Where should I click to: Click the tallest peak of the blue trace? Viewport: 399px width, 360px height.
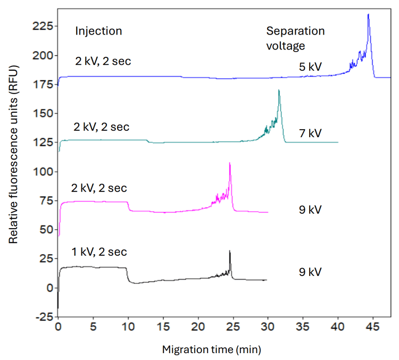pyautogui.click(x=368, y=15)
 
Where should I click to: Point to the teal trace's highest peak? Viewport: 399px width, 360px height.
pyautogui.click(x=279, y=91)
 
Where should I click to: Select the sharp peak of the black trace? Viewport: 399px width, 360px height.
pyautogui.click(x=230, y=251)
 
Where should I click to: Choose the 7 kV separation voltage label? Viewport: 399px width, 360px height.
pyautogui.click(x=310, y=133)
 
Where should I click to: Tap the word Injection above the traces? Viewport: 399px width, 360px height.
pyautogui.click(x=98, y=31)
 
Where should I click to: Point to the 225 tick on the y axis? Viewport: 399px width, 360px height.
pyautogui.click(x=43, y=26)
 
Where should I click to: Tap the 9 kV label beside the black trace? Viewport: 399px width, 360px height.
pyautogui.click(x=310, y=272)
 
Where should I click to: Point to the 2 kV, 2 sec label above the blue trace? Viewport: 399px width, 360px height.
pyautogui.click(x=103, y=62)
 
